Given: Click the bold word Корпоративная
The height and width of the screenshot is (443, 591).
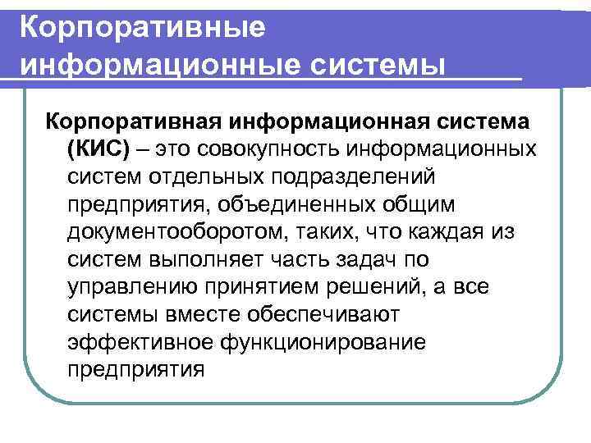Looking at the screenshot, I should click(134, 121).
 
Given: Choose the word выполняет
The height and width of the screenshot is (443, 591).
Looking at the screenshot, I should click(214, 260).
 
